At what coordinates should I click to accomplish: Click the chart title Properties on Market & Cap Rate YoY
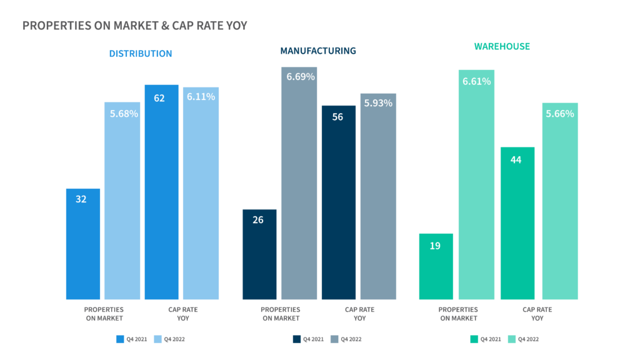point(134,26)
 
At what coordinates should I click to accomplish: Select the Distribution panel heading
point(141,54)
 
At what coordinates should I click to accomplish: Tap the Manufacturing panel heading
point(318,51)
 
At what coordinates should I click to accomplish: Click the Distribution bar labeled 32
point(83,244)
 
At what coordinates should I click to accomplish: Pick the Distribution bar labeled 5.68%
point(122,200)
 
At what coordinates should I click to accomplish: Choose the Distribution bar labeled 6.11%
point(201,193)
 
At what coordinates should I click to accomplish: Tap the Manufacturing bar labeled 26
point(259,254)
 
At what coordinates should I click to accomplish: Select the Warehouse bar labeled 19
point(436,266)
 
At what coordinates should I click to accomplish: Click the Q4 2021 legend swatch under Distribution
point(121,339)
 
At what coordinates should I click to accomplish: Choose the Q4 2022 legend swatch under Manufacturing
point(335,339)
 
